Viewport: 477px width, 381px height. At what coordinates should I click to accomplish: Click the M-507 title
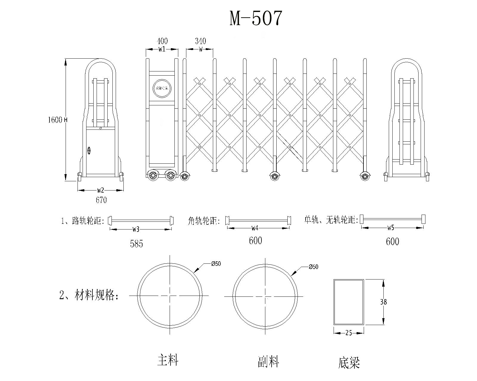point(255,18)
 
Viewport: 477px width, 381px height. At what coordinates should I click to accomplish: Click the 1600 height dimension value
point(55,120)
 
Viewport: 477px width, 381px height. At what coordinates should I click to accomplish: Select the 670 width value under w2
point(101,200)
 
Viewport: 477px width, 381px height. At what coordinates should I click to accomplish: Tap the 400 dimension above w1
point(162,41)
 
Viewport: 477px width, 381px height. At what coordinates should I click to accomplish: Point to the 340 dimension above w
point(200,41)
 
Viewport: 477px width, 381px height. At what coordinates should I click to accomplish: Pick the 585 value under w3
point(137,244)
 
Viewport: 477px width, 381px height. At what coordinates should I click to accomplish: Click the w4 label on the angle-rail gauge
point(255,228)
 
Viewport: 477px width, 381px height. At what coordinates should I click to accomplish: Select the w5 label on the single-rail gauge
point(391,228)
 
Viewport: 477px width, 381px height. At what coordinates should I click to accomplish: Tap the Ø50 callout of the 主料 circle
point(216,264)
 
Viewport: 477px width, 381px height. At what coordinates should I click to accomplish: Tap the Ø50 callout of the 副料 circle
point(313,267)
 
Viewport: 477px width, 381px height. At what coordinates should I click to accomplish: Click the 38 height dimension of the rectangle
point(383,302)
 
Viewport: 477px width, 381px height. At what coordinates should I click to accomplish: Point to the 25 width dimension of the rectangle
point(349,333)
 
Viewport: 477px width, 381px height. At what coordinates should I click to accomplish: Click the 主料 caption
point(168,360)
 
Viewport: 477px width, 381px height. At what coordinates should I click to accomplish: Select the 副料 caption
point(268,362)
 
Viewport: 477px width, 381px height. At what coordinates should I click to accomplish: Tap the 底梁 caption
point(349,363)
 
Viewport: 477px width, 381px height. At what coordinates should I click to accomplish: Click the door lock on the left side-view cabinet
point(89,150)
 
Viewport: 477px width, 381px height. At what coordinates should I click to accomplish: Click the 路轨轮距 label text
point(88,221)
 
